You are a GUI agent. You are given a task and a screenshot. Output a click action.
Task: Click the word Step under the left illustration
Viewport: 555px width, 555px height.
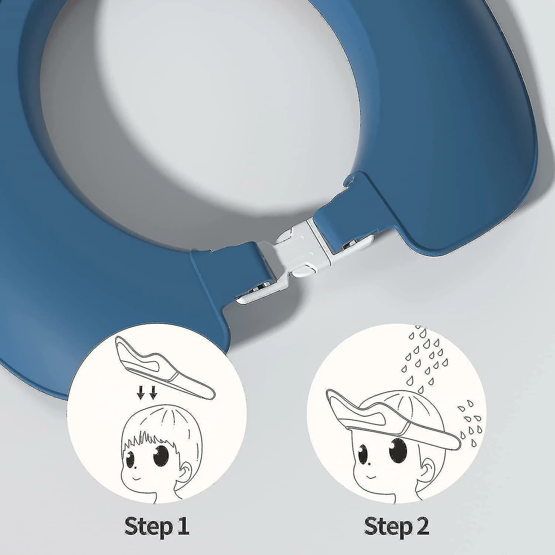coord(147,526)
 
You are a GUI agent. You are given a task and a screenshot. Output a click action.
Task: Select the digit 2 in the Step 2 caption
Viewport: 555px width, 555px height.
coord(422,525)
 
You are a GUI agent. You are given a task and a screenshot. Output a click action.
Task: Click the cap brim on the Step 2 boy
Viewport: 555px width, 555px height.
coord(392,418)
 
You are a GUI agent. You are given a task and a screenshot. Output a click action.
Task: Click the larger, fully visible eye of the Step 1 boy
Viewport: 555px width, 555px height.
coord(161,455)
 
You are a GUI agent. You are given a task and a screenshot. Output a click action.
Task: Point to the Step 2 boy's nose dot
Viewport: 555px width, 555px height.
coord(370,463)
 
